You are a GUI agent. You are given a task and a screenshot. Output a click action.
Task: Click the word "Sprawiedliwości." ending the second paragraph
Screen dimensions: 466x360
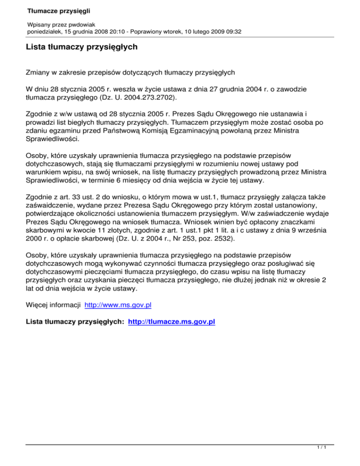click(x=52, y=139)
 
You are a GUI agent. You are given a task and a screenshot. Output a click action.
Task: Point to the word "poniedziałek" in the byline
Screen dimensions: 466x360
click(x=42, y=31)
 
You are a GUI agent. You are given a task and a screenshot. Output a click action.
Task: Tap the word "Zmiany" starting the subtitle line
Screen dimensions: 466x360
click(x=38, y=73)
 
